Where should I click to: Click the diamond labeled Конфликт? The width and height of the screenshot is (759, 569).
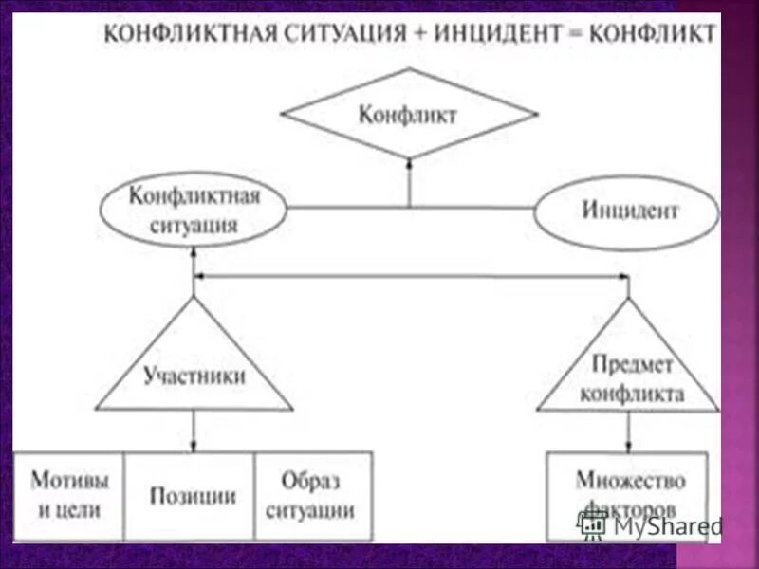[409, 115]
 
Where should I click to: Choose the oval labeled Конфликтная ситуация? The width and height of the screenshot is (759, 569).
[194, 211]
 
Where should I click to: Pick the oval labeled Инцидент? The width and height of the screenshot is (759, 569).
[627, 211]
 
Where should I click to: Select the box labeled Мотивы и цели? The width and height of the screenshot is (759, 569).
[69, 495]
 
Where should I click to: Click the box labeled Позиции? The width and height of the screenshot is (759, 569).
[193, 495]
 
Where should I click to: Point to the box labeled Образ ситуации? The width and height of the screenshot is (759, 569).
[311, 495]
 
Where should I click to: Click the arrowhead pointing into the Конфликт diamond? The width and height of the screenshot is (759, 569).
[409, 163]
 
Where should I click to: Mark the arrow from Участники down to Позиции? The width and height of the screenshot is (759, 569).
[194, 431]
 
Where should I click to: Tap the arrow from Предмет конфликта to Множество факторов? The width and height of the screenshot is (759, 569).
[628, 432]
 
